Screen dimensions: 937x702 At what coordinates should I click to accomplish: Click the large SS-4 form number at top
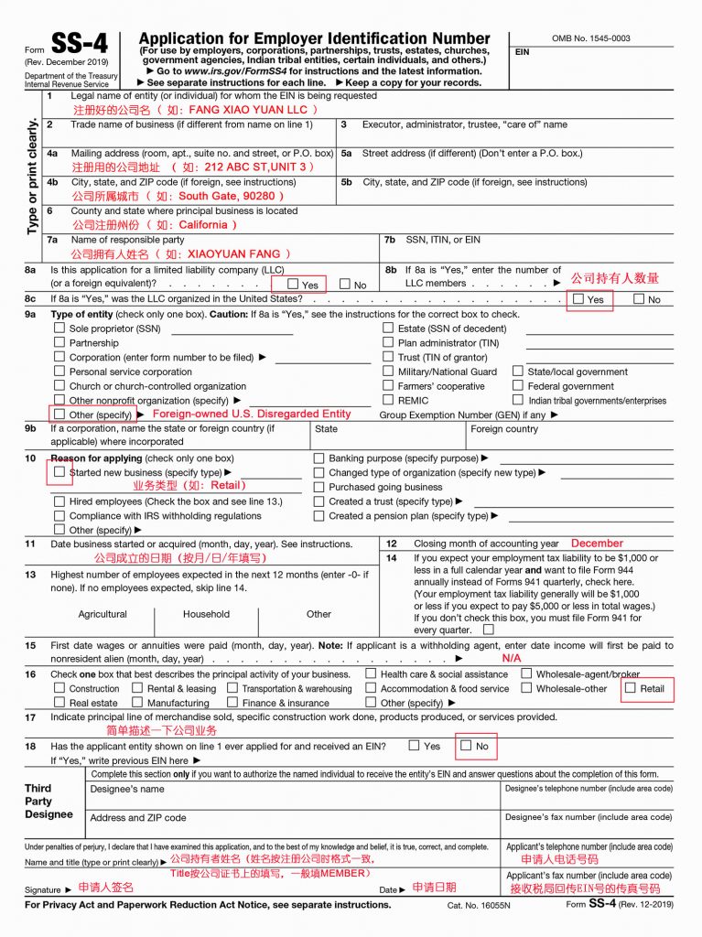(81, 44)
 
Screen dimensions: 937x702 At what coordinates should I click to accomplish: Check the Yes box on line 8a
(293, 285)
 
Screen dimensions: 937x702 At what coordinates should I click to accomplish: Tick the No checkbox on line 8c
(638, 298)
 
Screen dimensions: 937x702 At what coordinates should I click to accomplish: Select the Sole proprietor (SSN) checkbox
(59, 328)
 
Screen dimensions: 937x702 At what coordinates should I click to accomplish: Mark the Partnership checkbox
(59, 342)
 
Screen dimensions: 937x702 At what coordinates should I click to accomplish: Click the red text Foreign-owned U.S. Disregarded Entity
(251, 414)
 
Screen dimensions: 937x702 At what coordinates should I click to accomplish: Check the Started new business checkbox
(59, 472)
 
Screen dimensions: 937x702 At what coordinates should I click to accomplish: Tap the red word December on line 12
(597, 543)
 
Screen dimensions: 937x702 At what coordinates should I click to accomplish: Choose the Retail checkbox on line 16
(631, 687)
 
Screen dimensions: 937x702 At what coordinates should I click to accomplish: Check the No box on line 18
(466, 745)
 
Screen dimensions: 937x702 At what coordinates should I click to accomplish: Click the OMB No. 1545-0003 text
(590, 38)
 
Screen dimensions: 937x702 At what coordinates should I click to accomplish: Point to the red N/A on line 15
(512, 658)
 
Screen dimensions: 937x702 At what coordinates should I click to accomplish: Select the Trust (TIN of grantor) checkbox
(388, 357)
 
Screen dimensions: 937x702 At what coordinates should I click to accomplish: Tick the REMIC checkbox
(388, 400)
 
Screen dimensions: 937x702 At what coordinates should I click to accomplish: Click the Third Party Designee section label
(49, 801)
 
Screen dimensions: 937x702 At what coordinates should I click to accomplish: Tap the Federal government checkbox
(518, 385)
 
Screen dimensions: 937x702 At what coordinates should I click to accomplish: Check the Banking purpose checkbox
(319, 458)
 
